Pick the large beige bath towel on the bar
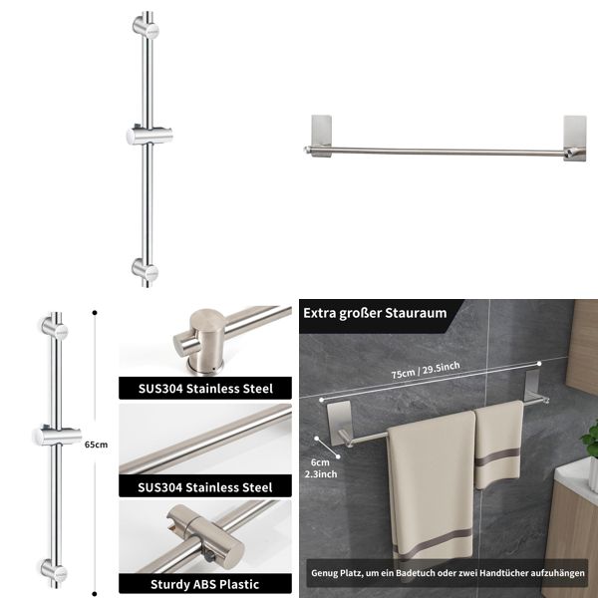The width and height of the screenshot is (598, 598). tap(431, 488)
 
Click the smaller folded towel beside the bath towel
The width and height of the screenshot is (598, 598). tap(498, 444)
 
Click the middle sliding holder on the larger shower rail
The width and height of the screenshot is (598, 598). tap(145, 136)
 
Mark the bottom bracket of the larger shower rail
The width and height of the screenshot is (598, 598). tap(146, 269)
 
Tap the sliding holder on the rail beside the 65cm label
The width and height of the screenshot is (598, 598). tap(52, 435)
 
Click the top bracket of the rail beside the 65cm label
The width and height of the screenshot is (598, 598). tap(53, 326)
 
